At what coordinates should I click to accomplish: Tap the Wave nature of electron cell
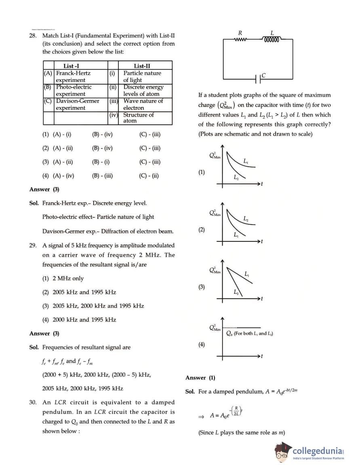click(143, 104)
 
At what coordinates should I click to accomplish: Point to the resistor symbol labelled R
click(240, 39)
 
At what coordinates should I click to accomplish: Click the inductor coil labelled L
click(272, 40)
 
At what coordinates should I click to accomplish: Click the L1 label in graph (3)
click(247, 274)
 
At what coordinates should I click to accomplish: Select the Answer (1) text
click(200, 378)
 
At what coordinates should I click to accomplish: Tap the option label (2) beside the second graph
click(201, 230)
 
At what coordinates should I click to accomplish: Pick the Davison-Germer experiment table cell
click(77, 104)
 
